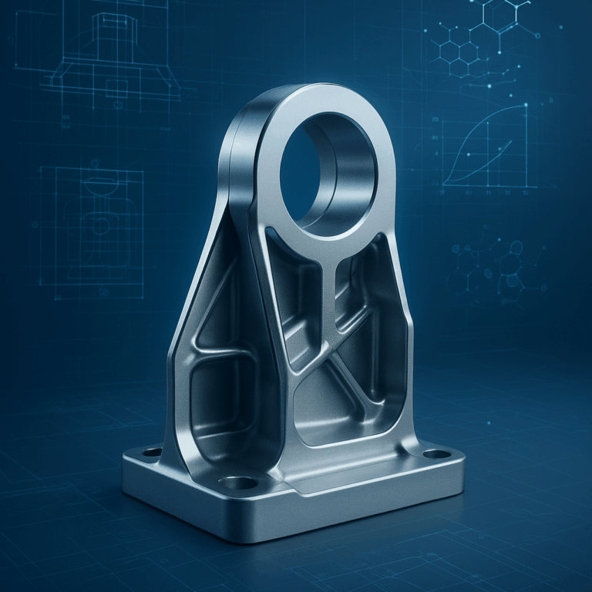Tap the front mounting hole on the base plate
pos(241,483)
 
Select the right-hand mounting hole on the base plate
pos(436,454)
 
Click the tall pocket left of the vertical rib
pos(297,301)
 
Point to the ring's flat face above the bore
pos(324,100)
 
